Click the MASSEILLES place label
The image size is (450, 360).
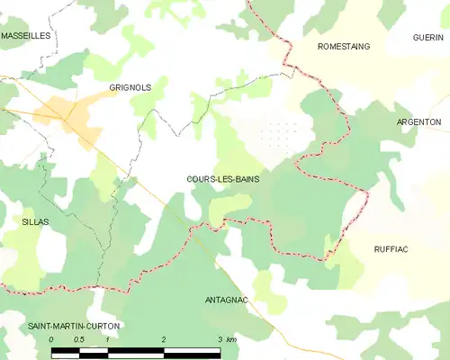25,35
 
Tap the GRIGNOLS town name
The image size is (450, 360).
130,87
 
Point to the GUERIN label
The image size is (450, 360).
428,37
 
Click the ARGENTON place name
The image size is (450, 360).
418,121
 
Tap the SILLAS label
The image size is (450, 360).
36,220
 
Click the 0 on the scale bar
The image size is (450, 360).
51,339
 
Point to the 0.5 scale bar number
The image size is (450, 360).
78,339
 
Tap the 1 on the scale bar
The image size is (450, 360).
107,339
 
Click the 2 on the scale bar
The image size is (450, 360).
163,339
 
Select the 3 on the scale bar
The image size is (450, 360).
219,339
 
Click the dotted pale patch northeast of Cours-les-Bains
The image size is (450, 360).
274,135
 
